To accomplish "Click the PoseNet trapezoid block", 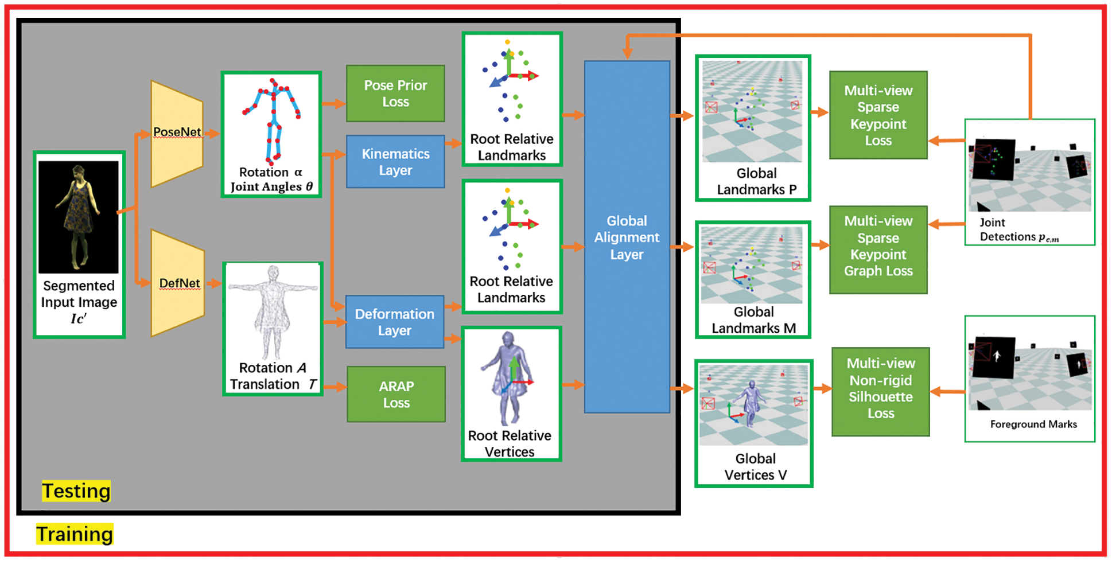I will coord(176,134).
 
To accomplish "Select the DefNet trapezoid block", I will coord(177,283).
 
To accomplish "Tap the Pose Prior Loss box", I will coord(395,93).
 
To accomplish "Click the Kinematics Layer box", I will coord(395,162).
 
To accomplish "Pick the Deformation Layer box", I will coord(394,322).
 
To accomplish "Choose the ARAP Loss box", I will coord(396,394).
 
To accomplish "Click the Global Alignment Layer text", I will coord(627,237).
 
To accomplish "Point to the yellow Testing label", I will coord(76,491).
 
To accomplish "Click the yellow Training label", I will coord(75,534).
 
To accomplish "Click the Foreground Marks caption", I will coord(1033,424).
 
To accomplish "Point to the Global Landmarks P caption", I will coord(756,181).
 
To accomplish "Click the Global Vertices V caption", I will coord(755,467).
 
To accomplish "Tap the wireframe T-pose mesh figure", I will coord(273,310).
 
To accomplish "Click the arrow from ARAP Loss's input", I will coord(336,387).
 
